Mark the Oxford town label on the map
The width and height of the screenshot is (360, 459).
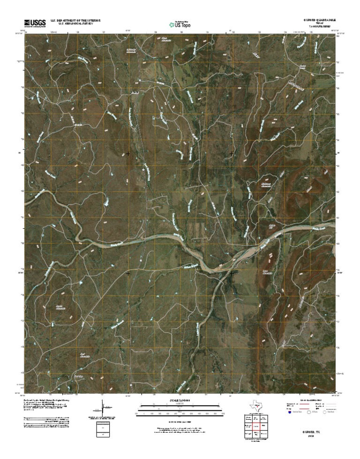(x=135, y=93)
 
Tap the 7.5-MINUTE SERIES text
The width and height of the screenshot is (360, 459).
(x=318, y=28)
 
